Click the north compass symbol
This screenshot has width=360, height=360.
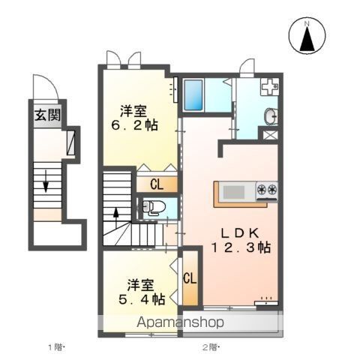point(306,36)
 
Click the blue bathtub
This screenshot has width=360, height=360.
point(195,94)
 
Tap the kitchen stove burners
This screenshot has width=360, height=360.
point(267,190)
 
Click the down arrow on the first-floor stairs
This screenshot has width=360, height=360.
point(46,181)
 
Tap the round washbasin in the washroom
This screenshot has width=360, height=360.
point(270,115)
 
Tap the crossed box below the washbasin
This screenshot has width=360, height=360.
point(270,136)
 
